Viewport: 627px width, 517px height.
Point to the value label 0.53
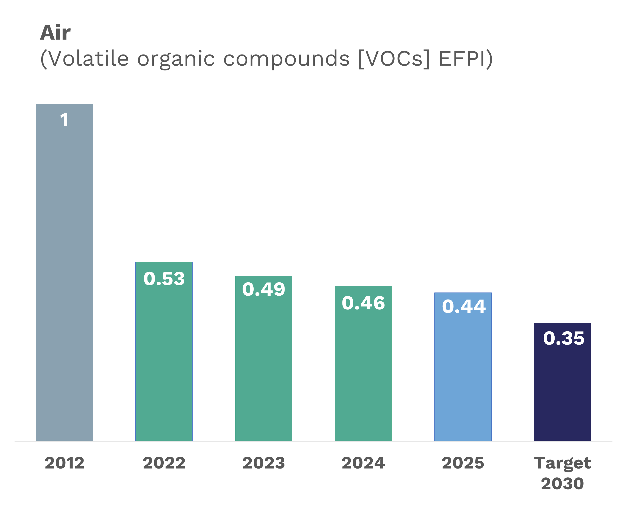(x=164, y=279)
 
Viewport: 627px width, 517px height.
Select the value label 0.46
(x=363, y=303)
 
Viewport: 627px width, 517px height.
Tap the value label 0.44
(x=463, y=306)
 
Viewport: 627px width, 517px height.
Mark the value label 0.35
(x=563, y=338)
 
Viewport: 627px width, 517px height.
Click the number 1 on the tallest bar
(x=64, y=120)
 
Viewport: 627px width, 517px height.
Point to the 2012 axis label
(x=64, y=463)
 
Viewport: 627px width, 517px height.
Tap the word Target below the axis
(x=562, y=463)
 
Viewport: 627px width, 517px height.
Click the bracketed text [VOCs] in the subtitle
(x=393, y=59)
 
